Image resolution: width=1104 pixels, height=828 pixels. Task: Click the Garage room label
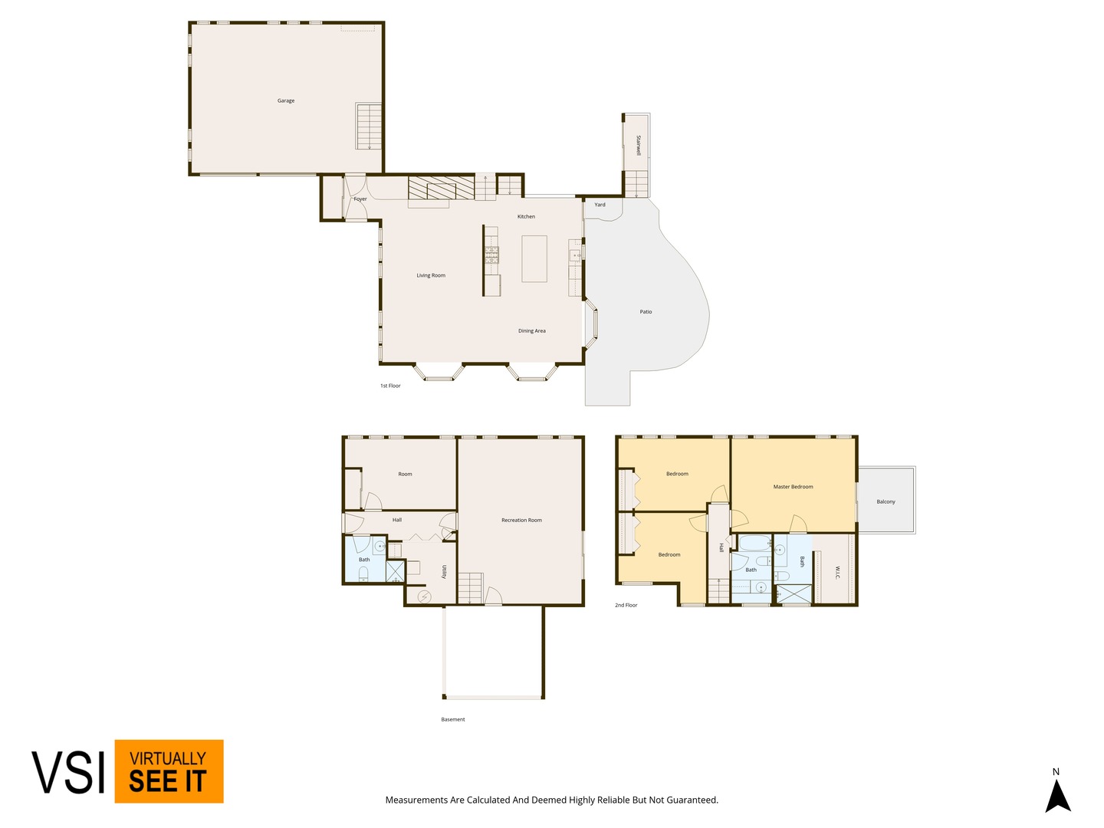coord(286,100)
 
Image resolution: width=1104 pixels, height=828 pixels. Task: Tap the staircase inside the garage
coord(369,126)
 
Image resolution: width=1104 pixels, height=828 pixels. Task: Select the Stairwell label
coord(639,145)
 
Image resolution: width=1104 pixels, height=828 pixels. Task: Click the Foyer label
coord(360,199)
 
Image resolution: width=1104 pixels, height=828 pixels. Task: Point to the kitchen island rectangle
coord(534,258)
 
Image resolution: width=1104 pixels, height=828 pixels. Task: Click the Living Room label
coord(431,275)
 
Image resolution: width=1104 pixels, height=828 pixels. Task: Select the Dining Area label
coord(531,330)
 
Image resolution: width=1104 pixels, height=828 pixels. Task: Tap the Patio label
coord(646,312)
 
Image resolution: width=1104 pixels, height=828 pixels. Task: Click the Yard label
coord(600,205)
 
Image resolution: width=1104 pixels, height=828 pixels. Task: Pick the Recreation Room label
coord(521,520)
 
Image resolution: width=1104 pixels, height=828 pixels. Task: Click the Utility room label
coord(444,572)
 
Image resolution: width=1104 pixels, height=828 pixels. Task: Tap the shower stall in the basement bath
coord(395,570)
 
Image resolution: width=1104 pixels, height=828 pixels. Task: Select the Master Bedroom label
coord(793,486)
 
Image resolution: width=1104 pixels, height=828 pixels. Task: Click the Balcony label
coord(886,501)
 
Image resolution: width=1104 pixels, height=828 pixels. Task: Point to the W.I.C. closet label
coord(837,573)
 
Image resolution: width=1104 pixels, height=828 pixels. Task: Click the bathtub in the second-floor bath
coord(754,543)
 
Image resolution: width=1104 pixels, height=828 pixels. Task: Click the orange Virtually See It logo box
coord(169,770)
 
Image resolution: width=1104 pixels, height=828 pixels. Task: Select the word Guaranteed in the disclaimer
coord(692,800)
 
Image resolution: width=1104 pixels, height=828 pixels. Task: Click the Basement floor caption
coord(452,719)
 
